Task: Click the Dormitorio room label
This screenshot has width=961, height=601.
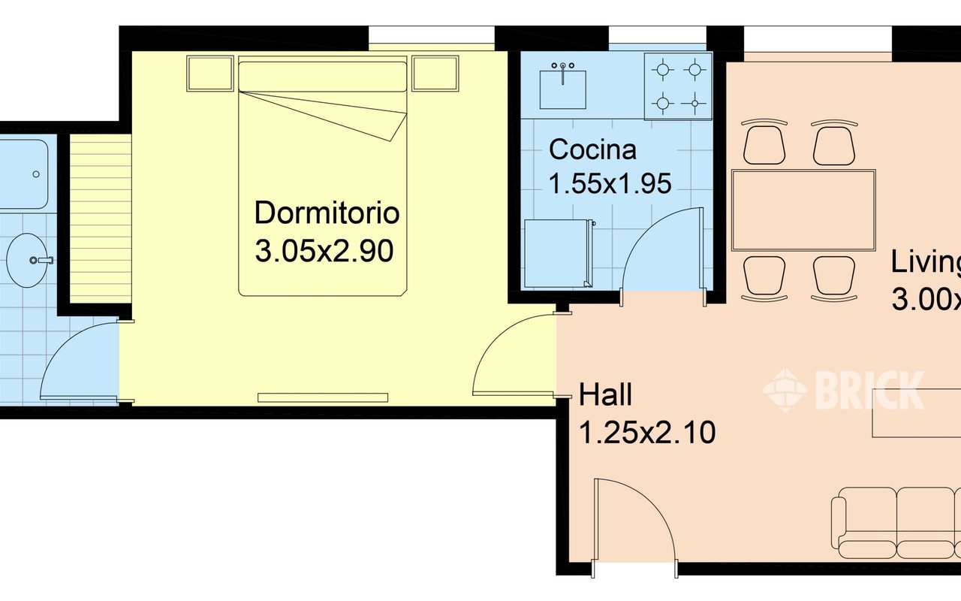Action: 327,213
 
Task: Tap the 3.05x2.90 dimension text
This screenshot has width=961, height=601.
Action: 324,252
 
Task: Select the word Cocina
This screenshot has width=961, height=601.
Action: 592,149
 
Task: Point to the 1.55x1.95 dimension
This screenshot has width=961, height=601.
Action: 610,183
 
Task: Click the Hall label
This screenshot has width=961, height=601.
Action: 605,394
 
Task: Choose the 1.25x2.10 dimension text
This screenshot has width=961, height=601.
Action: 646,433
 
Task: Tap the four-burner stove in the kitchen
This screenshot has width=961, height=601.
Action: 678,86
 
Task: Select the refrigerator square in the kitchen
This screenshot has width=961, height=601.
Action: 556,253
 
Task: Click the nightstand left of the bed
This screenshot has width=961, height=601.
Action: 209,74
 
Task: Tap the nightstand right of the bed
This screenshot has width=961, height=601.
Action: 435,74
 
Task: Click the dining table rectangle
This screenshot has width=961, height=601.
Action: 803,210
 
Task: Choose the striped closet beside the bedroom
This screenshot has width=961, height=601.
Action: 101,219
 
